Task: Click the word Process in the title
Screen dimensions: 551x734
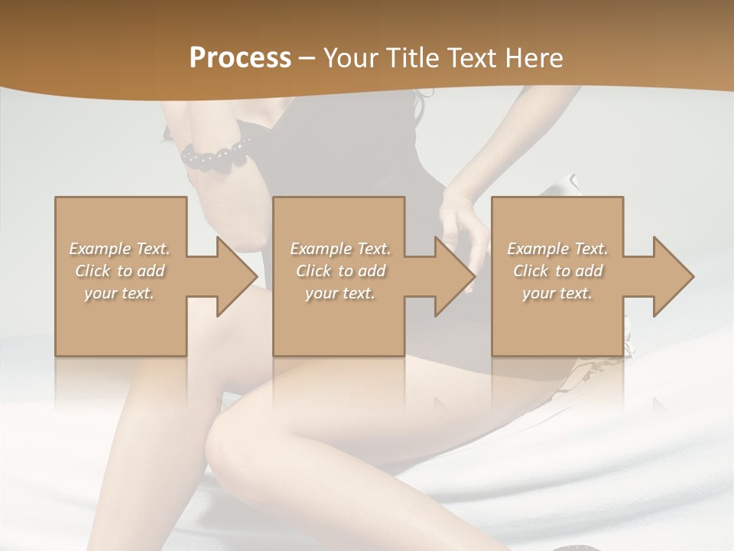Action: point(240,58)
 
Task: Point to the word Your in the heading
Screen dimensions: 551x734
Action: point(349,58)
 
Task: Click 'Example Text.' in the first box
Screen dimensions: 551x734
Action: point(120,249)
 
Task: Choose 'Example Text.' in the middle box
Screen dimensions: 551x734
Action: point(340,249)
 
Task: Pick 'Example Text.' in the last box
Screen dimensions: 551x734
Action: point(557,249)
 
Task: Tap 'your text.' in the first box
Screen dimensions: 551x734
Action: point(119,293)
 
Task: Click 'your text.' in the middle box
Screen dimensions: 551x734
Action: point(339,293)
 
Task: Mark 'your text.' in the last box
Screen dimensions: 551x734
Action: point(557,293)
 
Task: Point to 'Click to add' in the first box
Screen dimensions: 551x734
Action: point(120,271)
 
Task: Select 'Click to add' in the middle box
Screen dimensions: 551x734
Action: point(340,271)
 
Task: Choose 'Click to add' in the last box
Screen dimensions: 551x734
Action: point(557,271)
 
